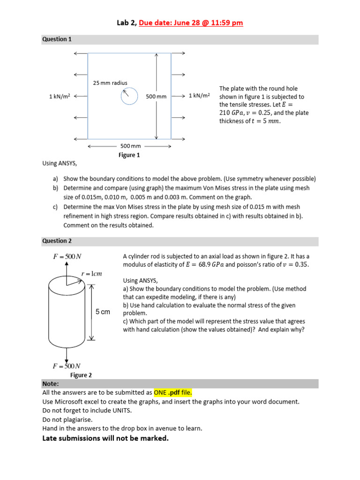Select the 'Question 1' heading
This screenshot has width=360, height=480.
[57, 39]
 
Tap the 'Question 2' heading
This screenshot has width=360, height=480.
[57, 241]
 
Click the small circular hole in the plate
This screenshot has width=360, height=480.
[129, 96]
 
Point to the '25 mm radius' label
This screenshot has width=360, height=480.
[110, 83]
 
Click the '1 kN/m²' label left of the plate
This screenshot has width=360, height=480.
[60, 96]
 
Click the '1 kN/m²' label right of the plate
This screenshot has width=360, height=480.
[199, 96]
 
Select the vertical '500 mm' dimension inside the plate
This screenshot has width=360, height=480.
[156, 97]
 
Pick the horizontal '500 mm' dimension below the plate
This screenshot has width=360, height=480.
[131, 146]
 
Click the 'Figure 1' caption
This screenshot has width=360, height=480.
[129, 155]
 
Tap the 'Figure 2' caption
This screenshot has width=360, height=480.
[81, 375]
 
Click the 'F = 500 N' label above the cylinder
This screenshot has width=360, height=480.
[67, 256]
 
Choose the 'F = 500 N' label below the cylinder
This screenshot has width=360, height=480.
[67, 366]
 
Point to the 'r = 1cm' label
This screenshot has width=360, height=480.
[91, 274]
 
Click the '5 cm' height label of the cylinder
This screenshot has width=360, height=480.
[103, 312]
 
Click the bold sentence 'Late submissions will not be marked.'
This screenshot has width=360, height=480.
[105, 438]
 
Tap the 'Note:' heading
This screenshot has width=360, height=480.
[51, 383]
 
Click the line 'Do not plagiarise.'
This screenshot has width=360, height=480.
[67, 420]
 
